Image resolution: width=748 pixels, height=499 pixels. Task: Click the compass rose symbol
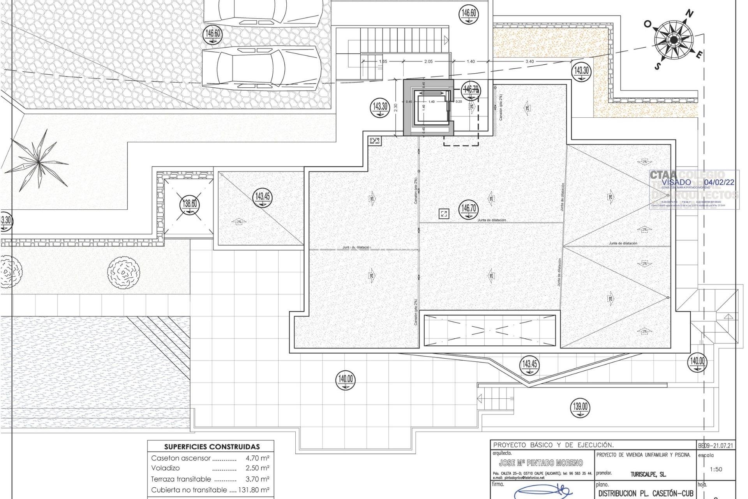(674, 39)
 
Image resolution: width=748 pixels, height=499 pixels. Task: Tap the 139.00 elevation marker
(580, 407)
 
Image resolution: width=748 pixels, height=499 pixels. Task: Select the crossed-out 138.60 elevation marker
(190, 204)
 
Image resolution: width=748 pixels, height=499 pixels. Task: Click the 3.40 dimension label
(529, 61)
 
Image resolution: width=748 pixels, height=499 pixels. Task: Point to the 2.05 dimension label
(428, 61)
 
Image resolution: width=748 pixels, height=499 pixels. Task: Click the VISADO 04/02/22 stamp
(694, 189)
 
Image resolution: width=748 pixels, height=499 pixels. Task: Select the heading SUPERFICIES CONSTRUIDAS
(212, 447)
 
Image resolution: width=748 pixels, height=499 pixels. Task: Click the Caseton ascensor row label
(181, 458)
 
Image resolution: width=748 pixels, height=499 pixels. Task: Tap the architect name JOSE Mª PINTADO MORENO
(541, 463)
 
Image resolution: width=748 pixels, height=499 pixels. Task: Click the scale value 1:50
(716, 469)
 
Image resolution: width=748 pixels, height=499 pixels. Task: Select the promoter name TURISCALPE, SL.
(648, 474)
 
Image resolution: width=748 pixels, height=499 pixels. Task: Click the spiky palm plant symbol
(38, 160)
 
